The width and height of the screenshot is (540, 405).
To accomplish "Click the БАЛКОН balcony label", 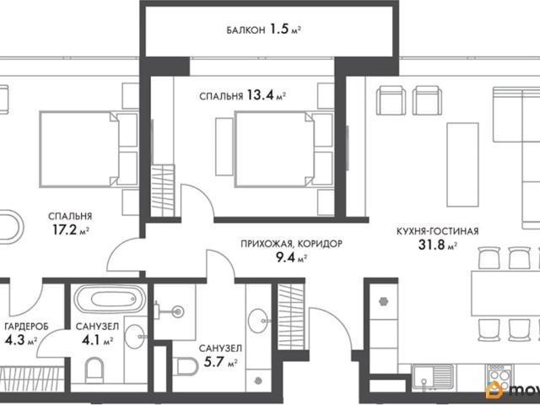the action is click(x=246, y=30).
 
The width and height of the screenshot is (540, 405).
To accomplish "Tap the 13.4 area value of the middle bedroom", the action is click(x=260, y=95).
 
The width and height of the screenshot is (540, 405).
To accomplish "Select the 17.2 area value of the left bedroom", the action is click(x=64, y=229).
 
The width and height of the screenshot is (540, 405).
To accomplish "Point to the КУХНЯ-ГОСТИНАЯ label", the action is click(x=437, y=231).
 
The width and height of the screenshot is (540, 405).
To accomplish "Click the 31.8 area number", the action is click(x=430, y=245).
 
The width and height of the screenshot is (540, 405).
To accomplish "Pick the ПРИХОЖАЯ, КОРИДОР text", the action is click(x=291, y=244).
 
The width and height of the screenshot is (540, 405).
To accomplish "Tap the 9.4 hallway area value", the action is click(x=286, y=257).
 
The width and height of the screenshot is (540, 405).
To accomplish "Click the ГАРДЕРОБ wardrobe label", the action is click(x=26, y=327).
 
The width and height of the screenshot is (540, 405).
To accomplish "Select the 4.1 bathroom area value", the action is click(x=91, y=340).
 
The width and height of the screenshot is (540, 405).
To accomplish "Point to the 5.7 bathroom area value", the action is click(x=214, y=362).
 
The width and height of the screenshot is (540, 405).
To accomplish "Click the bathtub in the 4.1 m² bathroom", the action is click(x=111, y=299).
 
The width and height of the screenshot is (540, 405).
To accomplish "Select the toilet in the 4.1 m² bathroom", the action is click(x=94, y=370).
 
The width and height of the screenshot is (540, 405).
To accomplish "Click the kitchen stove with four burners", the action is click(x=499, y=376).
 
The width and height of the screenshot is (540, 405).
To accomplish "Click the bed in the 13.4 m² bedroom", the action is click(x=274, y=149).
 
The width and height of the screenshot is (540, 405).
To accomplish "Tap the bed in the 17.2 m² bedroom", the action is click(x=79, y=149).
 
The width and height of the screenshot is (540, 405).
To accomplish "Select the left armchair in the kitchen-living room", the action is click(x=391, y=100).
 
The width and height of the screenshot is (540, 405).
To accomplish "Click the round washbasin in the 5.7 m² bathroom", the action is click(x=257, y=321).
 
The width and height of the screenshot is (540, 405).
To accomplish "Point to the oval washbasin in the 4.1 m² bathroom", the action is click(x=135, y=337).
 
